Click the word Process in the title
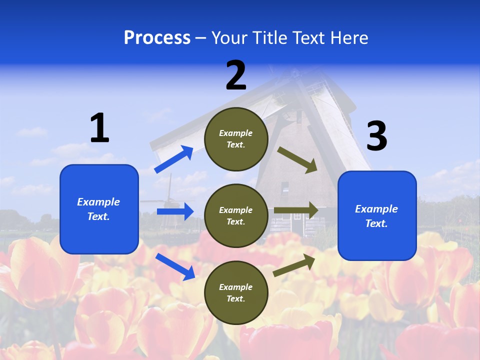tap(157, 37)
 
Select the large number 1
tap(99, 128)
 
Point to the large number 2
tap(236, 75)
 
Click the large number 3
tap(376, 136)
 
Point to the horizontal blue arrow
tap(175, 211)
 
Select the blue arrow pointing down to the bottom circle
tap(175, 266)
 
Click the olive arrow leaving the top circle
tap(297, 160)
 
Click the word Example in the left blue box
tap(98, 202)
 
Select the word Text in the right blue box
tap(376, 223)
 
